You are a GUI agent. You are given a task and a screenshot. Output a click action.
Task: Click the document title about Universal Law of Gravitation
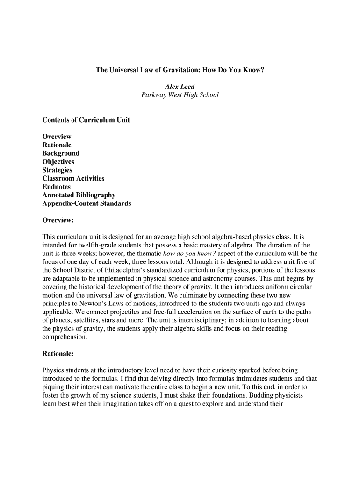180,70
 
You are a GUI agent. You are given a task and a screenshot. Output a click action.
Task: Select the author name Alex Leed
180,87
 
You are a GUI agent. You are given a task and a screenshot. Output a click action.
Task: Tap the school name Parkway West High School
180,95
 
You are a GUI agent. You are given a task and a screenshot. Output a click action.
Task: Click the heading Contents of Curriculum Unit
86,120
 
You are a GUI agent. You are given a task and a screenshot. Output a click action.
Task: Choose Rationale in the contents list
57,145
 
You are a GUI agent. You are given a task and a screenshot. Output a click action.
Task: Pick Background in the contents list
61,153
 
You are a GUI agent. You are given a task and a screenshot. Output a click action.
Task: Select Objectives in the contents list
58,162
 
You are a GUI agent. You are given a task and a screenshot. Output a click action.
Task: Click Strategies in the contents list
57,170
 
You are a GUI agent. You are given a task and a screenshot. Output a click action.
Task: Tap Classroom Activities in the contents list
73,179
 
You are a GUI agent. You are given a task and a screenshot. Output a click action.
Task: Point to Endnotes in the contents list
57,187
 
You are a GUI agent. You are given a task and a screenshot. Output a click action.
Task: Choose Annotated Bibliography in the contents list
79,196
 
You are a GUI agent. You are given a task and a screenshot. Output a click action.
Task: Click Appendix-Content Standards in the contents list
86,204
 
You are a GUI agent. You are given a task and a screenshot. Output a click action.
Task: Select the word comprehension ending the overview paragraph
65,337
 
